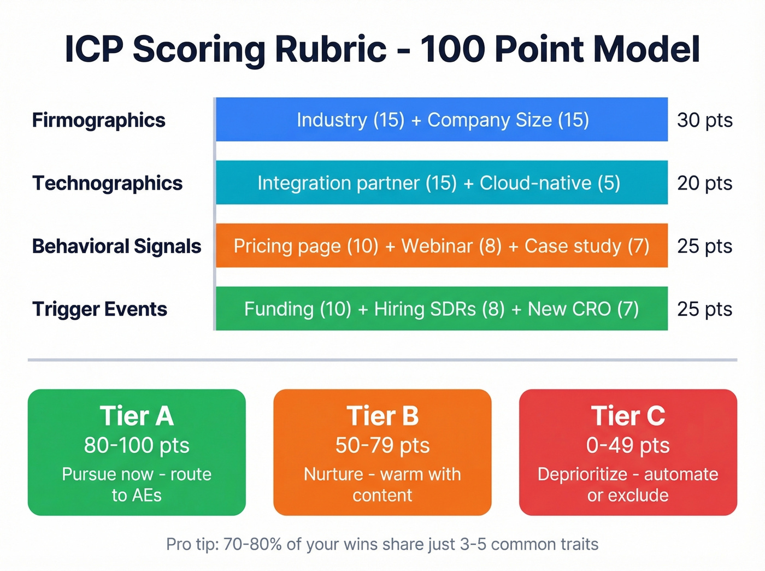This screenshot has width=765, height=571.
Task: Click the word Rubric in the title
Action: pyautogui.click(x=331, y=49)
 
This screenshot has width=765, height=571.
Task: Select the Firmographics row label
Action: pyautogui.click(x=98, y=120)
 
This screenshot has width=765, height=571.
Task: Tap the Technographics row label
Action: pyautogui.click(x=107, y=183)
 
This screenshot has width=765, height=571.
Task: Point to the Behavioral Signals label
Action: pyautogui.click(x=116, y=246)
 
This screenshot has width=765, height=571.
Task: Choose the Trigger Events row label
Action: pyautogui.click(x=99, y=309)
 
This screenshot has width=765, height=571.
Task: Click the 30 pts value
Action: pyautogui.click(x=704, y=120)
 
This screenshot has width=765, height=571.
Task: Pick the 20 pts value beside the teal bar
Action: pyautogui.click(x=704, y=183)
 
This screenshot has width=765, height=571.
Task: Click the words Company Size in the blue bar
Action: pyautogui.click(x=489, y=120)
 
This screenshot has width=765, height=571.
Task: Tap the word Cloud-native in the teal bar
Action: pyautogui.click(x=535, y=183)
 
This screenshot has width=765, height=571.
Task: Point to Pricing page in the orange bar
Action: pyautogui.click(x=287, y=246)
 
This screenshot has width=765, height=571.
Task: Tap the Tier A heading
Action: pyautogui.click(x=137, y=416)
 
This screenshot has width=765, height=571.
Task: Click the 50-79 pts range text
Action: pyautogui.click(x=382, y=445)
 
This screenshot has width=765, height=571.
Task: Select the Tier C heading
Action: pyautogui.click(x=628, y=416)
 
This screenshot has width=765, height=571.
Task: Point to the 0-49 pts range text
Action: pyautogui.click(x=628, y=445)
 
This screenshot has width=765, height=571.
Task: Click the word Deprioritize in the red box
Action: pyautogui.click(x=582, y=474)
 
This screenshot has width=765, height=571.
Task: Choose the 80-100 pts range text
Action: pyautogui.click(x=137, y=445)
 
